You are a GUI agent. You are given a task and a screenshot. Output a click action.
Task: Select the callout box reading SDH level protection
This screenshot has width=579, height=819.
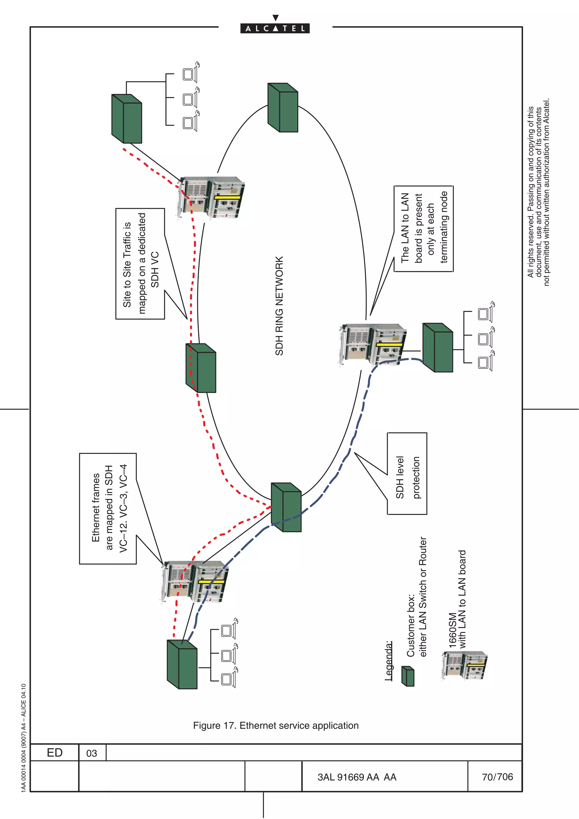[x=407, y=474]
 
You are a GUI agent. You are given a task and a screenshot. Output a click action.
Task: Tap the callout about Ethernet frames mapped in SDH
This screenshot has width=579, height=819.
[x=108, y=508]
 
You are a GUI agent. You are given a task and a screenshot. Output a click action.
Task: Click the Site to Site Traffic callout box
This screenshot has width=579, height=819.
[x=140, y=264]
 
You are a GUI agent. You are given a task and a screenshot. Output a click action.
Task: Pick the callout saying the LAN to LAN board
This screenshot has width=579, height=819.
[x=424, y=229]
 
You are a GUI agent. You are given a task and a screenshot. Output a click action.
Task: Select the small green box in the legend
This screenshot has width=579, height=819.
[x=408, y=676]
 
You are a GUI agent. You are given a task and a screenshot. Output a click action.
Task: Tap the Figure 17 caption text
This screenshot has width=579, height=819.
[x=275, y=725]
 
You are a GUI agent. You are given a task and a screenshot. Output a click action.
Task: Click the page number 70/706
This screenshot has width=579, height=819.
[x=497, y=777]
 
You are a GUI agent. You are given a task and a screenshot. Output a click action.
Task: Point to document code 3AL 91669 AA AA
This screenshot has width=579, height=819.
[x=357, y=777]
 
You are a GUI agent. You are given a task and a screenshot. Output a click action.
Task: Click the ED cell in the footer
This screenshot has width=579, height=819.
[x=55, y=753]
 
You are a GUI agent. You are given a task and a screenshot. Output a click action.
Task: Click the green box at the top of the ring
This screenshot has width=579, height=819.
[x=283, y=107]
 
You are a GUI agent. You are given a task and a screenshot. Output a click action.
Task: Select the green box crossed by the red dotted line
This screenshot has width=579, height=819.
[x=201, y=368]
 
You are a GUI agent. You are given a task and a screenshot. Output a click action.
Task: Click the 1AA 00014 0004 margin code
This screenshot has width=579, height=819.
[x=23, y=738]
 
